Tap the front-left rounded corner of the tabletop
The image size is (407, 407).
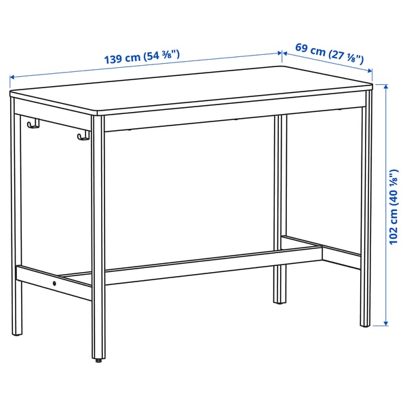click(x=98, y=114)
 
